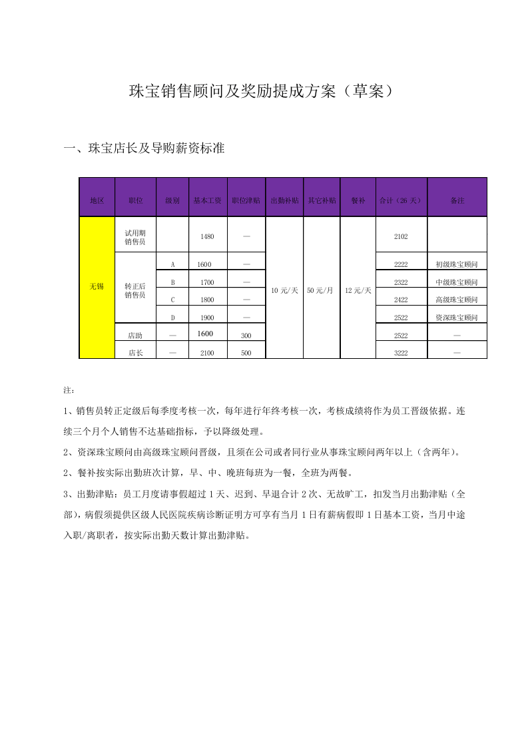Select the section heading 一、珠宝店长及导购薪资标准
tap(144, 148)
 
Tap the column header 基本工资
tap(207, 200)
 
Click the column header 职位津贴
tap(246, 200)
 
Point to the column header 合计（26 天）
tap(401, 200)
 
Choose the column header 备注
tap(457, 200)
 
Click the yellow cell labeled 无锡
tap(97, 286)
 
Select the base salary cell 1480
tap(207, 237)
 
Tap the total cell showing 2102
tap(401, 237)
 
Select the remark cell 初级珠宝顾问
tap(457, 265)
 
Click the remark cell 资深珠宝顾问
tap(457, 318)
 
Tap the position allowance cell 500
tap(246, 353)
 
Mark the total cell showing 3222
tap(401, 353)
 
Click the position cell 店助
tap(135, 336)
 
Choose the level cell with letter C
tap(172, 300)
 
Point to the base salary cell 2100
tap(207, 353)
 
